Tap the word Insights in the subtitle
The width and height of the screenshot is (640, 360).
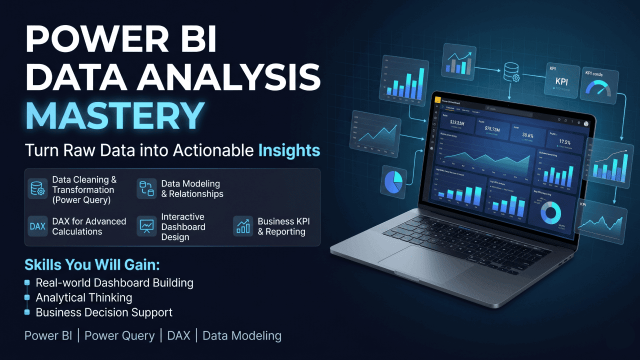(x=289, y=150)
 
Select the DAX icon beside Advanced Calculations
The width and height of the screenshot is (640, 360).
(x=37, y=226)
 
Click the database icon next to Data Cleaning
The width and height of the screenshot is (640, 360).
(x=37, y=189)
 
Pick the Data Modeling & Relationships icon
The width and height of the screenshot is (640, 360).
(x=146, y=189)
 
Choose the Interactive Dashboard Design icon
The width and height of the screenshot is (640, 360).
(x=146, y=226)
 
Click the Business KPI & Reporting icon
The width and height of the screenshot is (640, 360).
(x=243, y=226)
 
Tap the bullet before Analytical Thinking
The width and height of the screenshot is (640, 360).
(x=27, y=298)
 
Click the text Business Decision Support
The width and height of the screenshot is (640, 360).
(x=104, y=312)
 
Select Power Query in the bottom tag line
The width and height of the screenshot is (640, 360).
(x=119, y=335)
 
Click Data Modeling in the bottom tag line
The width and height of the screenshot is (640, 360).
(x=242, y=335)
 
